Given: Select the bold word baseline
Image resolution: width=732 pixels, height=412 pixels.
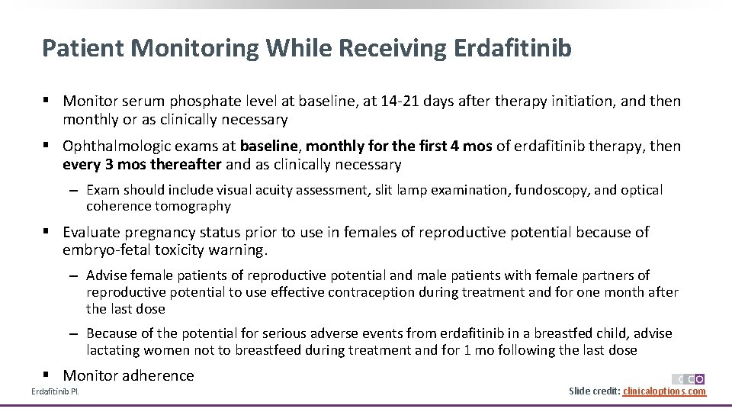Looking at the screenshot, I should pos(270,146).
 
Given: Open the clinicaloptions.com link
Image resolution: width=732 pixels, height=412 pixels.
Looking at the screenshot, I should pos(664,391).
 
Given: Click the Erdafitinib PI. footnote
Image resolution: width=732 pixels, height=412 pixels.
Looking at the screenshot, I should pos(55,392).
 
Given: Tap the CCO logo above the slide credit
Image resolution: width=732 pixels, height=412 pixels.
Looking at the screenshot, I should pos(689,379).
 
